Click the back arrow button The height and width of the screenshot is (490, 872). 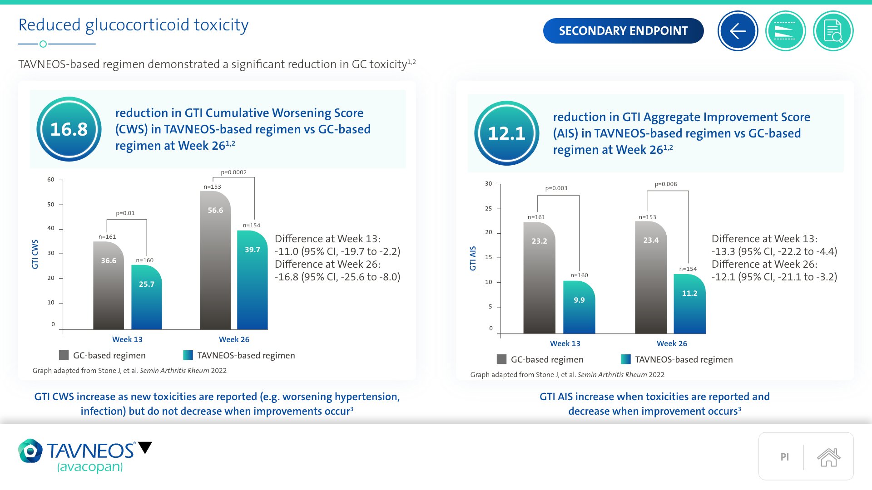pos(738,31)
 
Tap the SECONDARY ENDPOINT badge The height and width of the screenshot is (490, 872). pos(623,31)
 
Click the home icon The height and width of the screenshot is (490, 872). pos(828,457)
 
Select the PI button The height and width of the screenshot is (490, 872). pos(784,457)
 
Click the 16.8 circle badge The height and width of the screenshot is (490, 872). pos(69,129)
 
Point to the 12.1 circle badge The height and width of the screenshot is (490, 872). pos(506,133)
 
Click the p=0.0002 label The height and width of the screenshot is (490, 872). pos(233,172)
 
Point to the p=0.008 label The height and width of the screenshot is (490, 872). pos(665,184)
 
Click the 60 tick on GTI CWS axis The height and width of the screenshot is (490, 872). pos(51,180)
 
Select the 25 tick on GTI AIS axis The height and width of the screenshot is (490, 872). pos(488,209)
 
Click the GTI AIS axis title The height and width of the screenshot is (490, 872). pos(473,259)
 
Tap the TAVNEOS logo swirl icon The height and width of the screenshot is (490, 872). pos(30,451)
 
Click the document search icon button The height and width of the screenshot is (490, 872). pos(833,31)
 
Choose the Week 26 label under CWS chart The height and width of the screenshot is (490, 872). pos(234,339)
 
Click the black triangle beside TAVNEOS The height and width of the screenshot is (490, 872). pos(145,448)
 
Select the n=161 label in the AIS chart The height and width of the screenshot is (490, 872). pos(536,217)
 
